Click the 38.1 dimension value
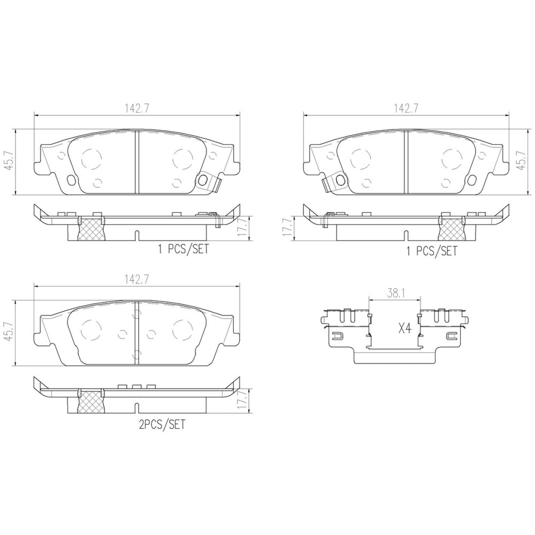(394, 294)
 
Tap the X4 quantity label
(404, 328)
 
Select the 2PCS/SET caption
(162, 424)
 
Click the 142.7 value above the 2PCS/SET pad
(137, 280)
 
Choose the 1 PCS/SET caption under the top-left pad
(183, 249)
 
